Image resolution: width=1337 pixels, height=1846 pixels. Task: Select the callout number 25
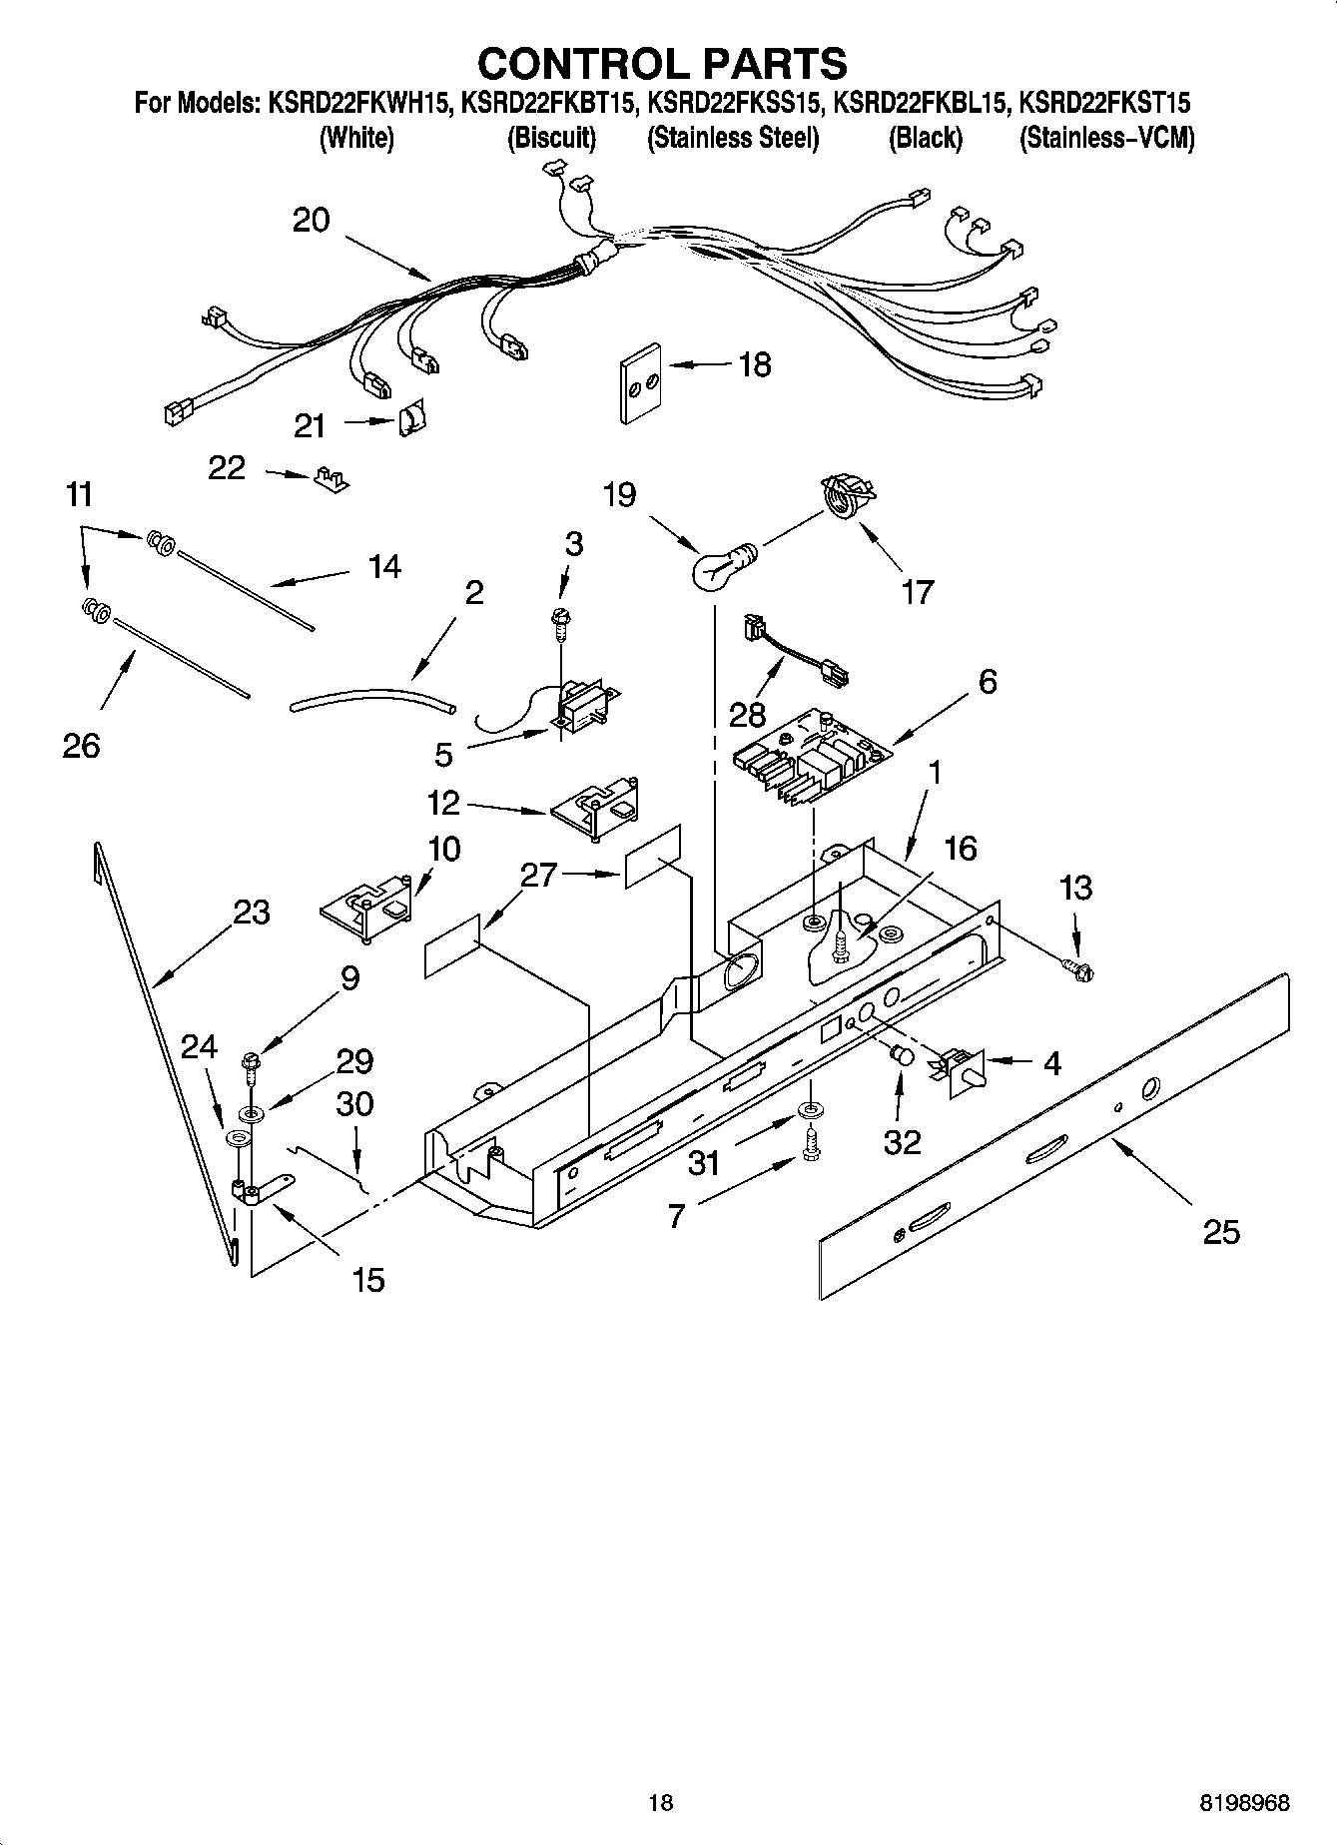1220,1232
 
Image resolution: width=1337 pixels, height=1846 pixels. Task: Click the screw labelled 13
1076,965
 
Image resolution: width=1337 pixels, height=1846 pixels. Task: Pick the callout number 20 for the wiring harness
311,220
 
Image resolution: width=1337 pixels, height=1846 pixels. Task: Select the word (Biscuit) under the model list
551,138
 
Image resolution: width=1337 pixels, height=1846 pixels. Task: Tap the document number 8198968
1244,1803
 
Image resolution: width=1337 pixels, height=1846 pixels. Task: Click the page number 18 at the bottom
660,1803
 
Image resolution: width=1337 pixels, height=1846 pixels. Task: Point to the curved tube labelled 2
371,697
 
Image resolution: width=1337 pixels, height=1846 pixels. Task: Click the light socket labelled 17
847,497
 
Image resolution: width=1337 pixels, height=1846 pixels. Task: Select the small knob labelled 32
901,1055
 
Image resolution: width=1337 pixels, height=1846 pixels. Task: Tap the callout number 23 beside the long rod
252,912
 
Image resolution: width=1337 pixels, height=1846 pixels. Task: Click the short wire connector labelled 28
796,652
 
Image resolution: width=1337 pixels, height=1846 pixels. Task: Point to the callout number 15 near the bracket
368,1279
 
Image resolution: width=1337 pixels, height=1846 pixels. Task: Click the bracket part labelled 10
367,904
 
